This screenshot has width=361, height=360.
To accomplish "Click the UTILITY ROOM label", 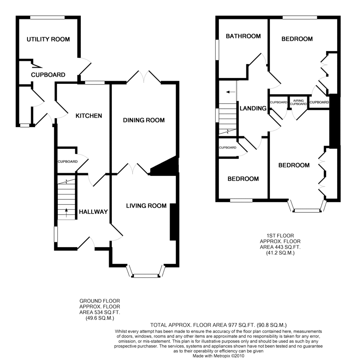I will pyautogui.click(x=48, y=39).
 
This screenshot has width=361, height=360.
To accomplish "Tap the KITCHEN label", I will pyautogui.click(x=88, y=116).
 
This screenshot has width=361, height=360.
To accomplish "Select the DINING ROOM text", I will pyautogui.click(x=143, y=120).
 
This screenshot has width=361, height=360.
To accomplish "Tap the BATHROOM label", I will pyautogui.click(x=243, y=36).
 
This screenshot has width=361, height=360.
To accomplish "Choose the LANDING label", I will pyautogui.click(x=254, y=108).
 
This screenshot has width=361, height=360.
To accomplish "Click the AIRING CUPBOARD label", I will pyautogui.click(x=298, y=102).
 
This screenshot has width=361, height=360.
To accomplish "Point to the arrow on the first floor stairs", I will pyautogui.click(x=231, y=92).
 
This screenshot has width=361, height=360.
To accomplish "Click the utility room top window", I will pyautogui.click(x=48, y=17).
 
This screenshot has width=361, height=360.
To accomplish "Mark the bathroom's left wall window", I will pyautogui.click(x=217, y=49).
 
